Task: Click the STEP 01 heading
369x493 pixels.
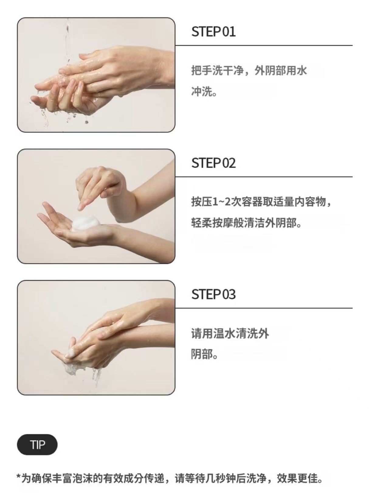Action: [213, 32]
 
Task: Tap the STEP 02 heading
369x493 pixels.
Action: [213, 163]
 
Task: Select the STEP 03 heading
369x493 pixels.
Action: [213, 294]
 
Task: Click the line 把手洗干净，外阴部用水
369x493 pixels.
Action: [249, 71]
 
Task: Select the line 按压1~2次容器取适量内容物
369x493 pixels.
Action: [259, 202]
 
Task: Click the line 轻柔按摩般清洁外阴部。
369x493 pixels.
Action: [246, 223]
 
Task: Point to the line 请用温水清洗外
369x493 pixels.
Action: [230, 333]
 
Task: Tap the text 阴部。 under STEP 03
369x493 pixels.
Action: [205, 354]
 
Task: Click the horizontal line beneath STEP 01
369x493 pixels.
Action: [264, 45]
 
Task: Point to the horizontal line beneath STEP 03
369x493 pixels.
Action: [264, 308]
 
